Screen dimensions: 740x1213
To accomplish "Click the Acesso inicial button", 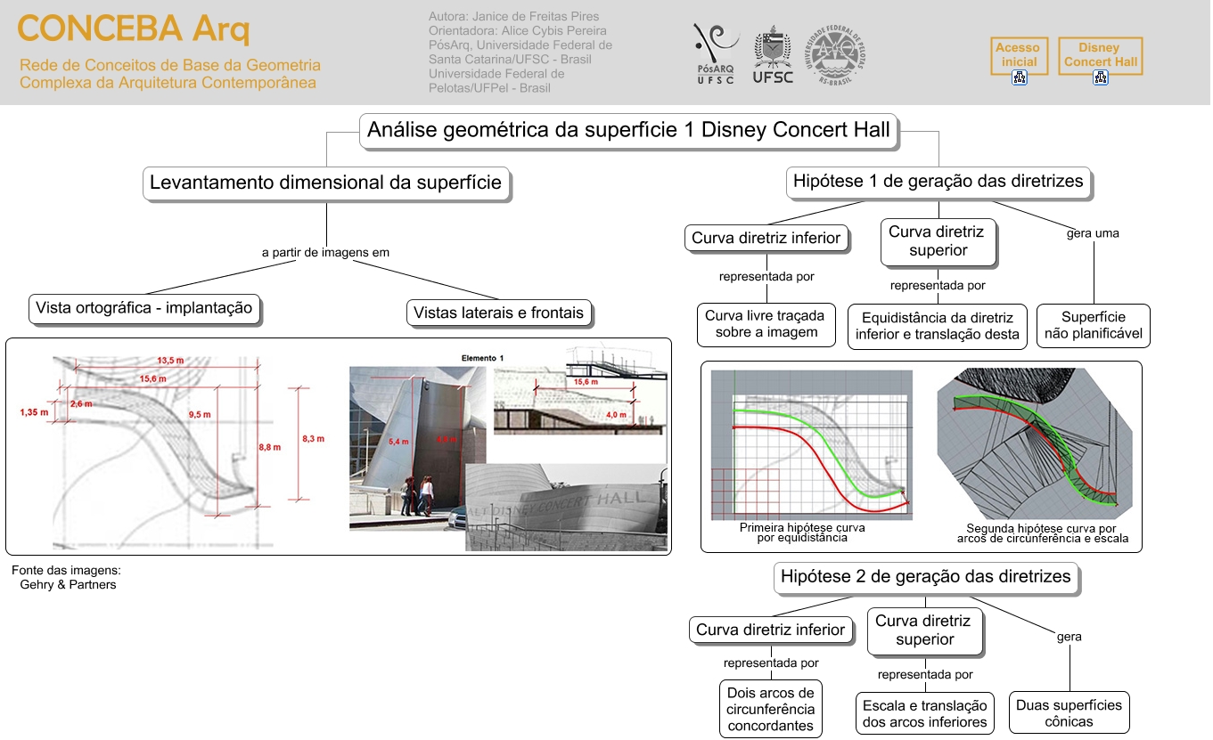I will pyautogui.click(x=1018, y=55).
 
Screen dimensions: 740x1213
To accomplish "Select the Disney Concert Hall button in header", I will pyautogui.click(x=1100, y=55).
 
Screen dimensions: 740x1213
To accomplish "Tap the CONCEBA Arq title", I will pyautogui.click(x=134, y=30).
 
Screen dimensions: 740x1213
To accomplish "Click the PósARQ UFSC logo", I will pyautogui.click(x=716, y=53).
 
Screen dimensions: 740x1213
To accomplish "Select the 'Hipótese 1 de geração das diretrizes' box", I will pyautogui.click(x=938, y=182).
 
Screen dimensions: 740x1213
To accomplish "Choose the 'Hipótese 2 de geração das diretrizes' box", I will pyautogui.click(x=925, y=577).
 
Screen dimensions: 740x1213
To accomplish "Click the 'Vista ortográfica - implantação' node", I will pyautogui.click(x=144, y=309).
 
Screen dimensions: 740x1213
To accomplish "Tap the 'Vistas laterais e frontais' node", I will pyautogui.click(x=499, y=313).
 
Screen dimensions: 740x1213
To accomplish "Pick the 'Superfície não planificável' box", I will pyautogui.click(x=1094, y=325).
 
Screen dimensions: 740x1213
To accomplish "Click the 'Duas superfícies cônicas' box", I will pyautogui.click(x=1069, y=712).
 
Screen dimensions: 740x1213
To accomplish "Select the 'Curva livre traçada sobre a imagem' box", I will pyautogui.click(x=766, y=324).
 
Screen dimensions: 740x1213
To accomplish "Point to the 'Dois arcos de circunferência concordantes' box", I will pyautogui.click(x=770, y=709).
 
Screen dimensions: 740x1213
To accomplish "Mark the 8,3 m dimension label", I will pyautogui.click(x=314, y=438).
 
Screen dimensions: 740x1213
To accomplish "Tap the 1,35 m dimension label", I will pyautogui.click(x=34, y=412).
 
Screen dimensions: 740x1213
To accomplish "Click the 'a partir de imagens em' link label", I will pyautogui.click(x=325, y=253).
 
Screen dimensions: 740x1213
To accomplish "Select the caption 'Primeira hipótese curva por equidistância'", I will pyautogui.click(x=802, y=533).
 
